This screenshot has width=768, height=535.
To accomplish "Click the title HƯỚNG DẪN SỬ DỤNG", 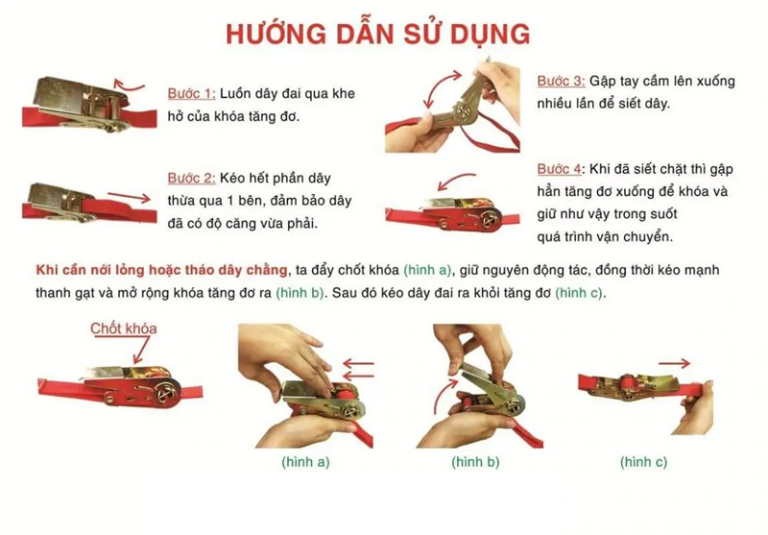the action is pyautogui.click(x=377, y=35).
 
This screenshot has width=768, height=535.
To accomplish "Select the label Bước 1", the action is pyautogui.click(x=190, y=93).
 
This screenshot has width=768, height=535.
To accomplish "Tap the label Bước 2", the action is pyautogui.click(x=190, y=178).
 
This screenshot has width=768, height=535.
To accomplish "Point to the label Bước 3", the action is pyautogui.click(x=561, y=81).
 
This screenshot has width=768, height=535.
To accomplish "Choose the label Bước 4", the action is pyautogui.click(x=560, y=169).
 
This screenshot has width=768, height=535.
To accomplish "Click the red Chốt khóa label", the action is pyautogui.click(x=124, y=328).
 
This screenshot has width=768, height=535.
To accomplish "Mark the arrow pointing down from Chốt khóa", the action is pyautogui.click(x=141, y=351).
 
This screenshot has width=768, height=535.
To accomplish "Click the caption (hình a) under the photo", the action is pyautogui.click(x=305, y=461).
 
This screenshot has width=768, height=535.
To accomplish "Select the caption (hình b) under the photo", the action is pyautogui.click(x=475, y=461).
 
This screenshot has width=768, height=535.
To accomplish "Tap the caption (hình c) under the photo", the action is pyautogui.click(x=643, y=461).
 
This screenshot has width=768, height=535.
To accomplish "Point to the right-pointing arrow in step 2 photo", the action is pyautogui.click(x=130, y=198).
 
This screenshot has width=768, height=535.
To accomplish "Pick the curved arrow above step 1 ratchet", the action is pyautogui.click(x=129, y=86).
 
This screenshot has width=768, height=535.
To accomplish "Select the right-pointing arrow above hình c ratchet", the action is pyautogui.click(x=675, y=363).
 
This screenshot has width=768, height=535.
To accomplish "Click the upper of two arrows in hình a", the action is pyautogui.click(x=358, y=364).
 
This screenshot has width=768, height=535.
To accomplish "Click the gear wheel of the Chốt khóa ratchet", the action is pyautogui.click(x=168, y=392).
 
